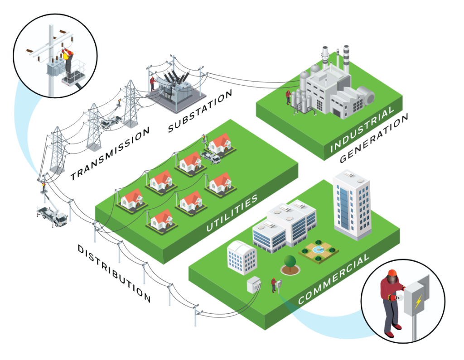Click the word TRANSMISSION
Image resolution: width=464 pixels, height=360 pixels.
click(111, 154)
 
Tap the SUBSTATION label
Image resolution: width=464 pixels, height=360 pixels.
click(200, 111)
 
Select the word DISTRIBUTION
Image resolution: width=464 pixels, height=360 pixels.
click(114, 274)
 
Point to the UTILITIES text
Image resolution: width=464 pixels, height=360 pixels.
click(232, 213)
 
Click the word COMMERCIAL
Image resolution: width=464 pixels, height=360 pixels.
click(334, 278)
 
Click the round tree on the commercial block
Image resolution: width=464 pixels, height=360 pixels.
click(290, 262)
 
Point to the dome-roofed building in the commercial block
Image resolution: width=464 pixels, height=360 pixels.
click(242, 257)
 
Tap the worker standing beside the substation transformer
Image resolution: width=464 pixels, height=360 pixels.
click(153, 83)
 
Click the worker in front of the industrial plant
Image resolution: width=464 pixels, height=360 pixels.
click(288, 97)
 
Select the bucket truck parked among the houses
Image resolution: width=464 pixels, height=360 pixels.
click(211, 156)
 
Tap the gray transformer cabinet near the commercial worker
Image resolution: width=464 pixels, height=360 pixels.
click(254, 284)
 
